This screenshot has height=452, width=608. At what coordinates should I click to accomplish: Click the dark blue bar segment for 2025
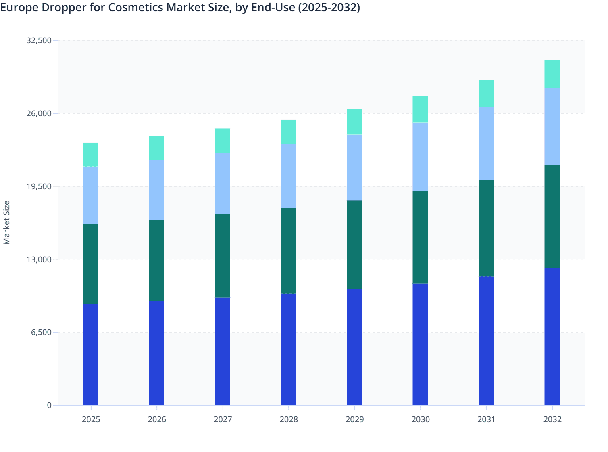pyautogui.click(x=91, y=354)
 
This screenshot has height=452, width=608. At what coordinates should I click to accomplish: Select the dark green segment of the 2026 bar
pyautogui.click(x=156, y=260)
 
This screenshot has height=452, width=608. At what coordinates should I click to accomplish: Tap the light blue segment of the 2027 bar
pyautogui.click(x=223, y=184)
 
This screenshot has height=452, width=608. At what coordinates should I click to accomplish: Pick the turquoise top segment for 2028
pyautogui.click(x=288, y=132)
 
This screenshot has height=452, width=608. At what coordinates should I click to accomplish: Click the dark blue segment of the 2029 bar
pyautogui.click(x=354, y=347)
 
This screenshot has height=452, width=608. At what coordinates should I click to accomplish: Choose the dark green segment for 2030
pyautogui.click(x=420, y=237)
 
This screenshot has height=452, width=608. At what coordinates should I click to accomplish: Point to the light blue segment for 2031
pyautogui.click(x=486, y=143)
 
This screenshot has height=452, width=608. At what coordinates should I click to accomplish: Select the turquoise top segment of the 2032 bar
pyautogui.click(x=552, y=74)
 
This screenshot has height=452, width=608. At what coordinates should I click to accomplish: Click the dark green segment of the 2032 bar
pyautogui.click(x=552, y=216)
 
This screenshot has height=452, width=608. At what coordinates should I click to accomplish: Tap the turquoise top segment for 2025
pyautogui.click(x=91, y=155)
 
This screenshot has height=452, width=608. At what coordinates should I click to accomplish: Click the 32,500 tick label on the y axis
pyautogui.click(x=39, y=40)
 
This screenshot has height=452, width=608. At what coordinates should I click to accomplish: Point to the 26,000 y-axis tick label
pyautogui.click(x=39, y=113)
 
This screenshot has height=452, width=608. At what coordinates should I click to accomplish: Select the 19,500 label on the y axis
pyautogui.click(x=39, y=186)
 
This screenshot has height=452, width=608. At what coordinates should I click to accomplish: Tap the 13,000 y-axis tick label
pyautogui.click(x=39, y=259)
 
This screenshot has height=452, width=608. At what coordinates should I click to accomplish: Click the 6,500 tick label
pyautogui.click(x=41, y=333)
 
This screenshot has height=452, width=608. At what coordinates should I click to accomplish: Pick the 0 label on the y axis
pyautogui.click(x=49, y=405)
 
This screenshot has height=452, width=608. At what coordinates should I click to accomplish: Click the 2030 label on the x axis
pyautogui.click(x=420, y=419)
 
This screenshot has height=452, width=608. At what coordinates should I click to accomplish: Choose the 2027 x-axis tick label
pyautogui.click(x=223, y=419)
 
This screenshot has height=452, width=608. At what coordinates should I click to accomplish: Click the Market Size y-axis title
pyautogui.click(x=7, y=222)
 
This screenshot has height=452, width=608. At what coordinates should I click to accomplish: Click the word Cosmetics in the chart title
pyautogui.click(x=137, y=7)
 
